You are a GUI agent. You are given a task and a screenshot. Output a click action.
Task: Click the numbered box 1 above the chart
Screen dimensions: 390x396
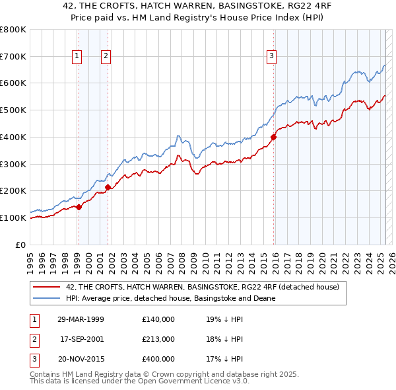[78, 57]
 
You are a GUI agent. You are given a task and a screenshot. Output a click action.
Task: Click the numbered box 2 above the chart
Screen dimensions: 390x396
[106, 57]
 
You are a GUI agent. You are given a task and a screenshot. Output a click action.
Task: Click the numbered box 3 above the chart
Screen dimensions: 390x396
[271, 57]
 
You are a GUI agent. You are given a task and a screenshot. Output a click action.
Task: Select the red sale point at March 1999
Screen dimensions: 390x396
[79, 207]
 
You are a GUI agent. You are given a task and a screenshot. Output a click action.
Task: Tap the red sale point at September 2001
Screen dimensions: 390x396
[108, 187]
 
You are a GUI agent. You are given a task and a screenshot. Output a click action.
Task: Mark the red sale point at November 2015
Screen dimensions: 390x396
[273, 137]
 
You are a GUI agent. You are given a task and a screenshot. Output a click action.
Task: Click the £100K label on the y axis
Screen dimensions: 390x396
[13, 217]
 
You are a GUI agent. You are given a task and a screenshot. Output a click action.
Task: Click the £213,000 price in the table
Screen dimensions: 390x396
[158, 339]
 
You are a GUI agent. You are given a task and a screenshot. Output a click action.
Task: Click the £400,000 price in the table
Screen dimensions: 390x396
[158, 359]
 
